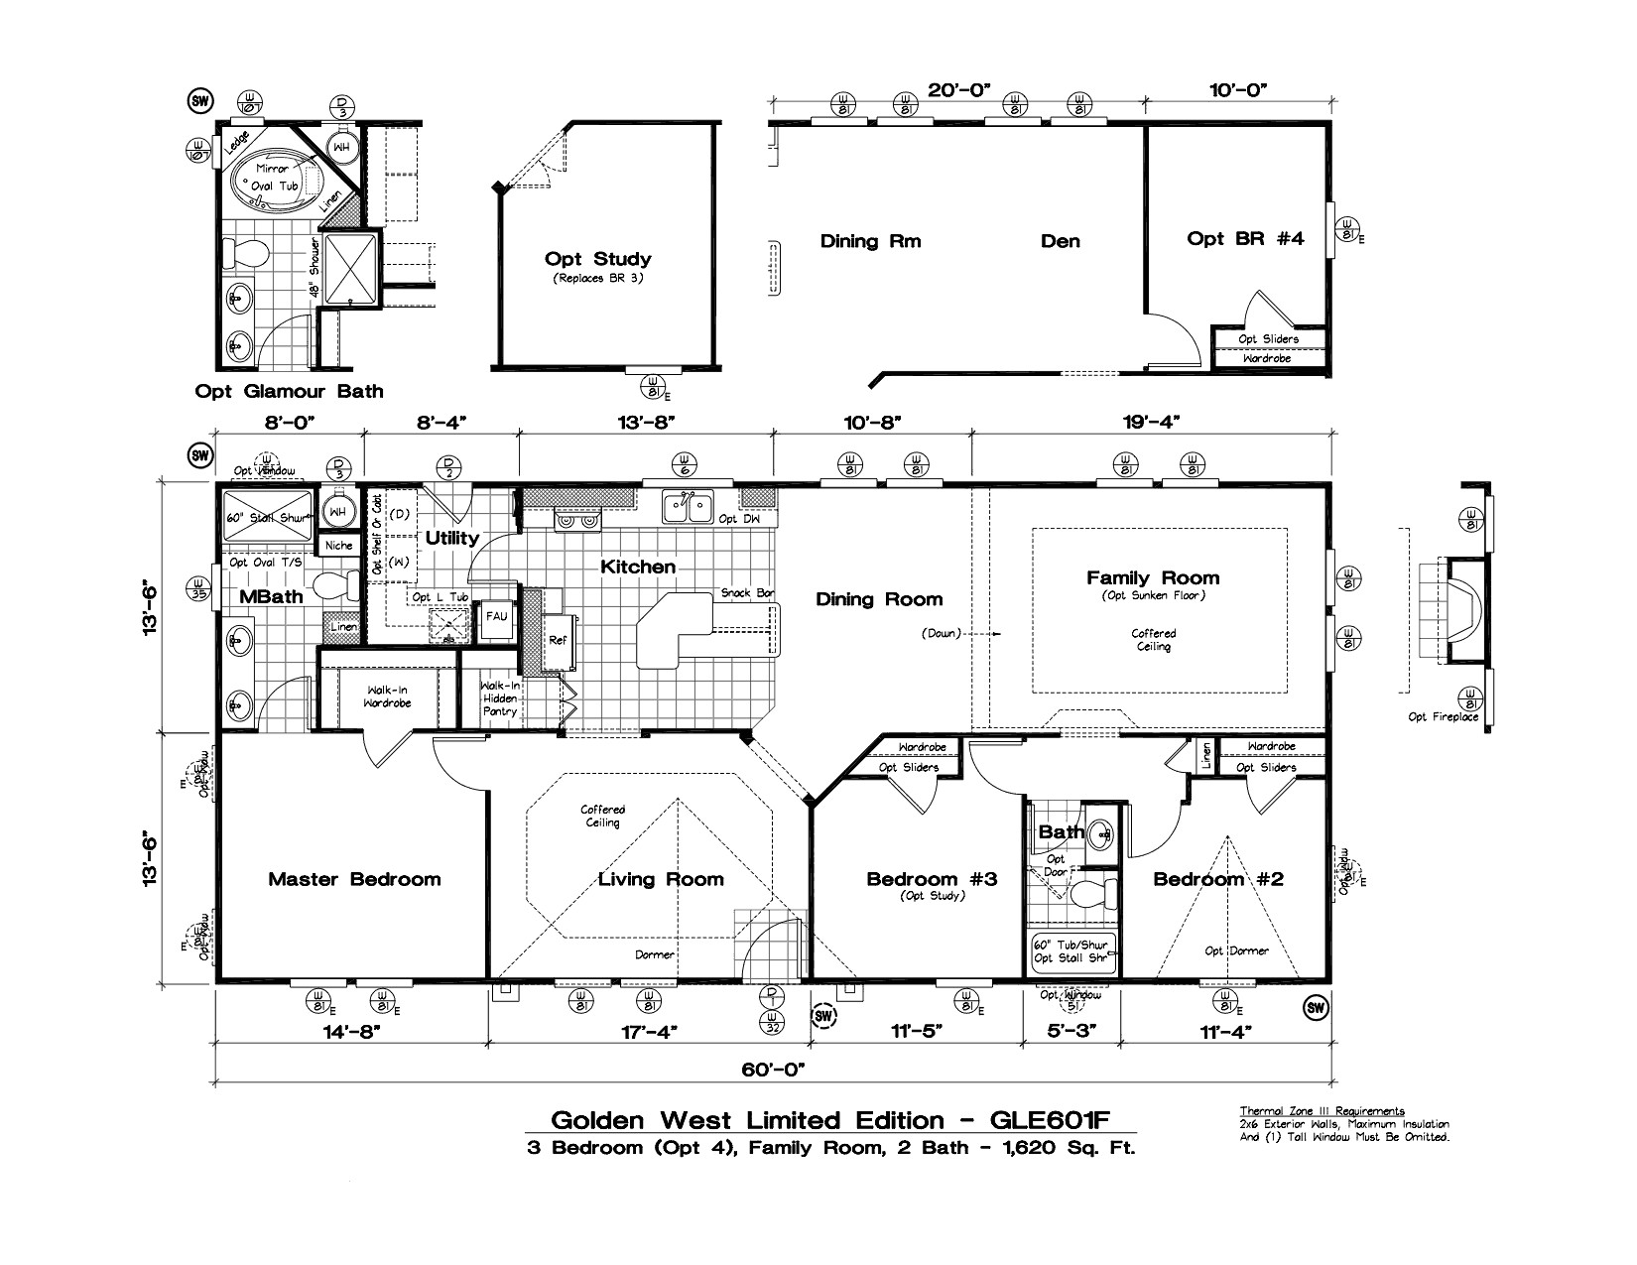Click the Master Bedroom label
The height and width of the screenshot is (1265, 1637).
[x=354, y=879]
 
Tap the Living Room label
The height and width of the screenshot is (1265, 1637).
[x=661, y=879]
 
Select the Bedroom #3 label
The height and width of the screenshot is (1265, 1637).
[x=931, y=878]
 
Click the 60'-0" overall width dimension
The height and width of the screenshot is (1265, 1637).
[x=774, y=1070]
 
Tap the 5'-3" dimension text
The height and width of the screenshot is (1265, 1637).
[x=1071, y=1032]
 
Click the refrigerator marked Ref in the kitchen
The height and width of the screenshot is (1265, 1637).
[x=559, y=640]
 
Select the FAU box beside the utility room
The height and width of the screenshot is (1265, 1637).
[x=496, y=616]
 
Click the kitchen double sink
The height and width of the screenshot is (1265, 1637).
[x=688, y=508]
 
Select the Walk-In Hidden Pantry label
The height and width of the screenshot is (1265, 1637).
[x=499, y=698]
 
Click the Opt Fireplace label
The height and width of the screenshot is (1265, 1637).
[x=1443, y=716]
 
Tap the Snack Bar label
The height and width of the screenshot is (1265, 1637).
[x=747, y=593]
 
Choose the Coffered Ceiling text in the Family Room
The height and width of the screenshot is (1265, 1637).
[x=1154, y=640]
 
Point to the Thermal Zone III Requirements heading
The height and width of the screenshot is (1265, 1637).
[x=1322, y=1110]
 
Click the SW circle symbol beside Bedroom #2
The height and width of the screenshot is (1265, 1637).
[x=1316, y=1008]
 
